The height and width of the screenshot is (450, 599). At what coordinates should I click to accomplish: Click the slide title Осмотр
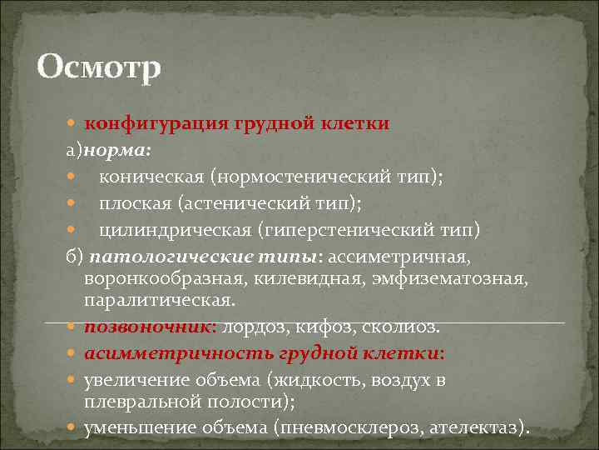coord(99,67)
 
